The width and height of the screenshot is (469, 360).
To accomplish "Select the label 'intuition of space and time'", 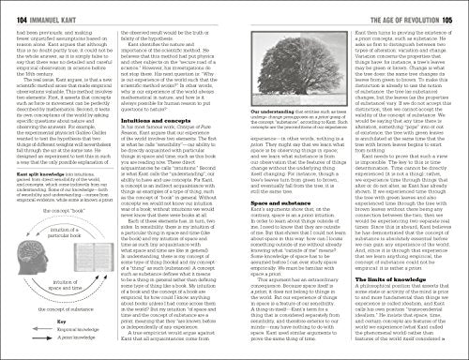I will (38, 293).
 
